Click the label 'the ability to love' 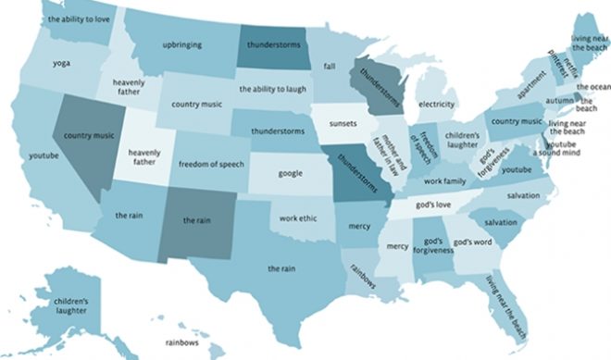tap(78, 19)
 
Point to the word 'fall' tap(329, 66)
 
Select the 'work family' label tap(447, 180)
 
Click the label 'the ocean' tap(592, 87)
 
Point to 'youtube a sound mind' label tap(565, 150)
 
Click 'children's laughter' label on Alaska tap(70, 307)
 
